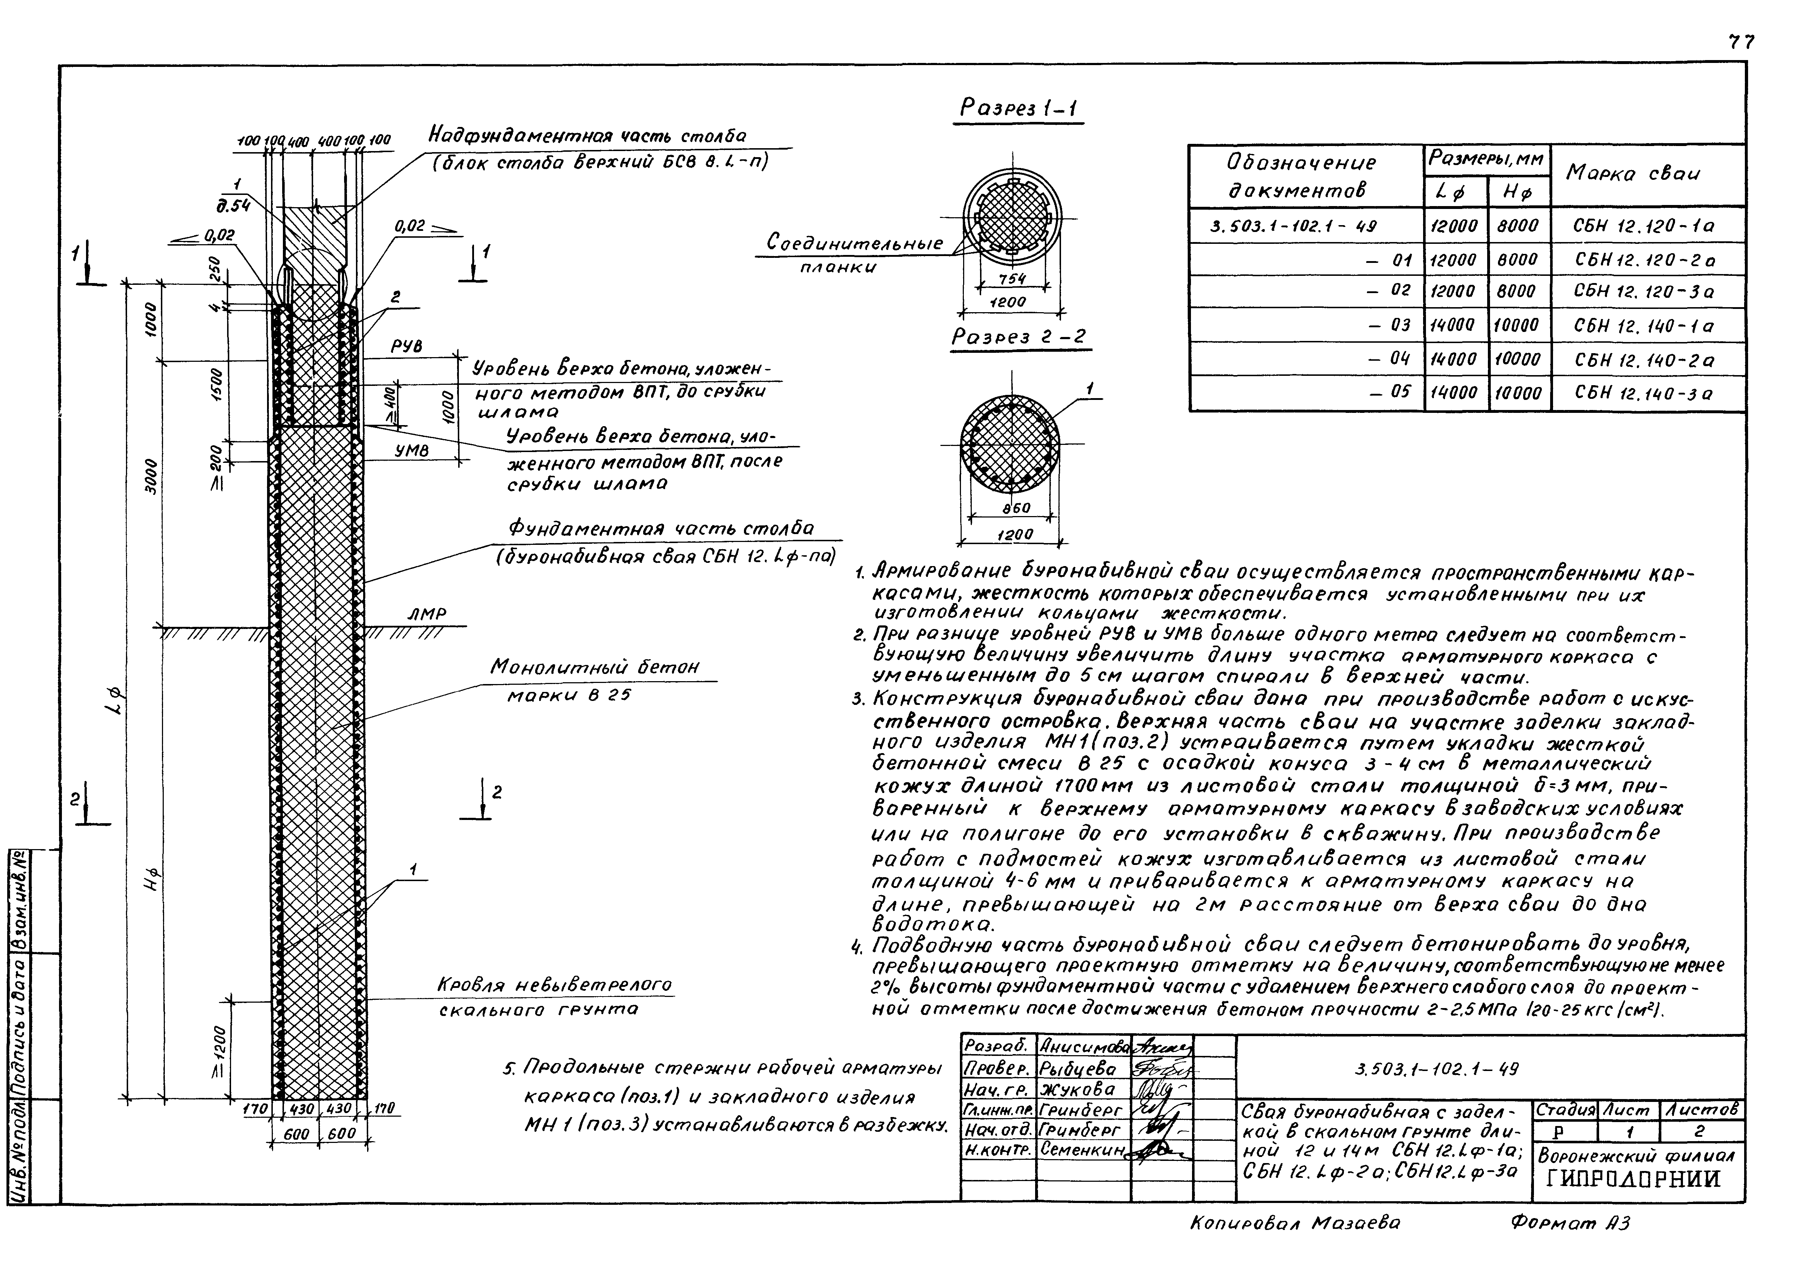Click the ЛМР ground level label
click(427, 615)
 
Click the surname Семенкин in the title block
click(1083, 1149)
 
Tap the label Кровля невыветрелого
click(555, 985)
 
